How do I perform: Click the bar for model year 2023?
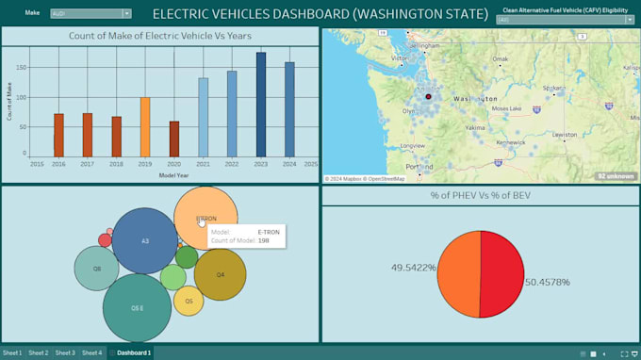(x=261, y=105)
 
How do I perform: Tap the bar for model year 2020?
(x=174, y=139)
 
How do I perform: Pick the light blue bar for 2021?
(x=203, y=117)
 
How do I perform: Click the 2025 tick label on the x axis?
(x=310, y=163)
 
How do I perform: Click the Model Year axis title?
(x=173, y=175)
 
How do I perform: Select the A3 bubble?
(x=144, y=241)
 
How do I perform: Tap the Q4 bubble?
(x=220, y=274)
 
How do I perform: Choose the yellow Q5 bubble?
(x=189, y=301)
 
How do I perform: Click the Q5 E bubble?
(x=137, y=307)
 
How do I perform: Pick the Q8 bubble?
(x=96, y=268)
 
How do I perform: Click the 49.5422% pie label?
(x=414, y=268)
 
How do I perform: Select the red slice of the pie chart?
(x=499, y=274)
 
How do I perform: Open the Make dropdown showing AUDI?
(x=91, y=14)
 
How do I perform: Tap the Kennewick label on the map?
(x=511, y=142)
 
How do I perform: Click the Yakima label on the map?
(x=475, y=126)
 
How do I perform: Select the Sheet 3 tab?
(x=65, y=353)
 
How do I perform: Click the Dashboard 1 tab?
(x=134, y=353)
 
